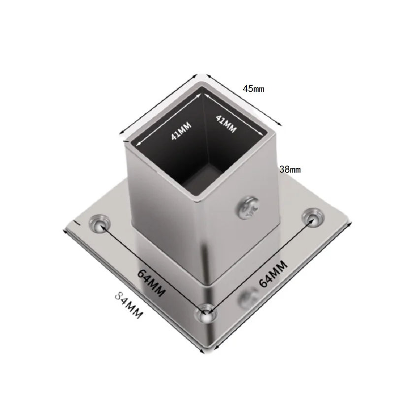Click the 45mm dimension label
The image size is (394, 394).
point(254,89)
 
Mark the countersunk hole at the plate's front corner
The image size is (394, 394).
point(205,313)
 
